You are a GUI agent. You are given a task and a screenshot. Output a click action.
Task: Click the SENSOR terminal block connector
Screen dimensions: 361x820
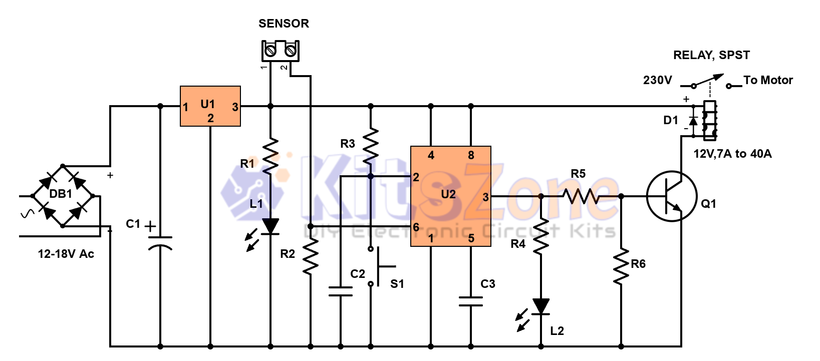(x=280, y=51)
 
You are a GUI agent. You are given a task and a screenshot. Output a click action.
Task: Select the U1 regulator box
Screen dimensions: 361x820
(x=210, y=106)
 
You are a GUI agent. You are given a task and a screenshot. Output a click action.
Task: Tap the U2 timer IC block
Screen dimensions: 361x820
(x=450, y=196)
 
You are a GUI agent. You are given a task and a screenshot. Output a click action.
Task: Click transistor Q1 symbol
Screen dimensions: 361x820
(x=672, y=196)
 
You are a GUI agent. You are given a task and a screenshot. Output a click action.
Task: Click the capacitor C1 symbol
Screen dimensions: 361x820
(x=160, y=242)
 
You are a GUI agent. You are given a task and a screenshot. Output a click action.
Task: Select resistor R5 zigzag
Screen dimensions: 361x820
(x=581, y=196)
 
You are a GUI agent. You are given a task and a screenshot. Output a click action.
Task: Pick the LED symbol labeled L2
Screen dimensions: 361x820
(x=540, y=306)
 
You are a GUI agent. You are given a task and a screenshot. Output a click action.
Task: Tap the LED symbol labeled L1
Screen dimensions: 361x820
(x=270, y=226)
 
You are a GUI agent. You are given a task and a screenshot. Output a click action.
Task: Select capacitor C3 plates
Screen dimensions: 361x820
(x=471, y=301)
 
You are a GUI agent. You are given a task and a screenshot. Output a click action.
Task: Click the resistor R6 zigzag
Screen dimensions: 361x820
(x=621, y=266)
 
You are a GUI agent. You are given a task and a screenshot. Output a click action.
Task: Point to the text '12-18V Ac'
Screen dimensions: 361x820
(x=66, y=254)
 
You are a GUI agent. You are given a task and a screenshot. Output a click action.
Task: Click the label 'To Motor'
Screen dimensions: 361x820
(x=768, y=80)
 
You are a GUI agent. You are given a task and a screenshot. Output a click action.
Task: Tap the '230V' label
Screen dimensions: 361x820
(x=657, y=80)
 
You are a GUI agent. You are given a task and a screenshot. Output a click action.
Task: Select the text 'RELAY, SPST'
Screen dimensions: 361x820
(x=711, y=55)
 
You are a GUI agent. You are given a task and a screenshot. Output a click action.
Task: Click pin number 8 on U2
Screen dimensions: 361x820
(x=471, y=155)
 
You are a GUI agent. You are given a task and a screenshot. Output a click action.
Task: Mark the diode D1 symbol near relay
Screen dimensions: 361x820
(x=693, y=121)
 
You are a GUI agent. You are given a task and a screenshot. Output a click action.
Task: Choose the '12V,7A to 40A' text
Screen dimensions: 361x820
(x=732, y=154)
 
